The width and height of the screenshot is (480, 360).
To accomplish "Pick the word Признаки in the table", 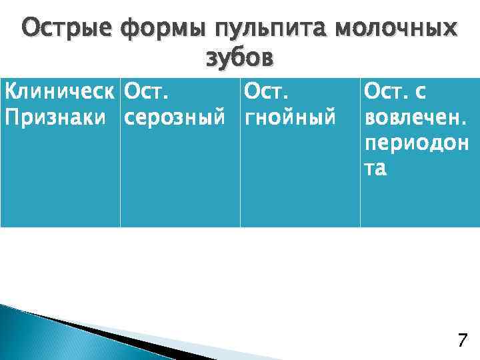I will [x=55, y=117].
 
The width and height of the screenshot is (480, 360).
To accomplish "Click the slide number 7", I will [x=461, y=341].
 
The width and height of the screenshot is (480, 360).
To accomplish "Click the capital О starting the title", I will [x=32, y=30].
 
